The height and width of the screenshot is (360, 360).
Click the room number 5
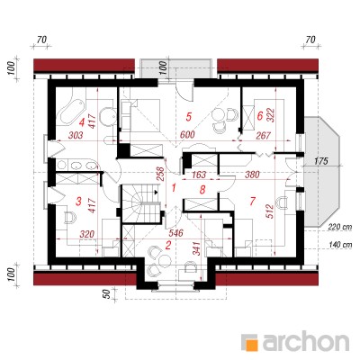click(188, 116)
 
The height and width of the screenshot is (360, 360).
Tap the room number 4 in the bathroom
click(82, 122)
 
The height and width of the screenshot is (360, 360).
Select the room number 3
click(78, 202)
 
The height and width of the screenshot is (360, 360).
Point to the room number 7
click(253, 202)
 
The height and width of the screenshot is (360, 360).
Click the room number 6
click(260, 115)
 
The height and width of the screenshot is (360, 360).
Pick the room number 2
click(168, 246)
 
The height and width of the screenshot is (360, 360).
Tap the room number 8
click(202, 189)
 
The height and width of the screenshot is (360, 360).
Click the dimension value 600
click(188, 134)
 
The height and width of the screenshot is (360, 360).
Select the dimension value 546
click(175, 233)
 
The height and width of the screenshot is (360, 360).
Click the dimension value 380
click(252, 174)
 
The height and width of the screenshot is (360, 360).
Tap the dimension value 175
click(321, 161)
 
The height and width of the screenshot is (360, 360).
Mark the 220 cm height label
click(339, 227)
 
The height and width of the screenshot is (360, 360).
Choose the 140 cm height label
click(339, 245)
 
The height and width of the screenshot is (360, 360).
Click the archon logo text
click(306, 342)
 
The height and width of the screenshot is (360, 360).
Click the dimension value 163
click(198, 174)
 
